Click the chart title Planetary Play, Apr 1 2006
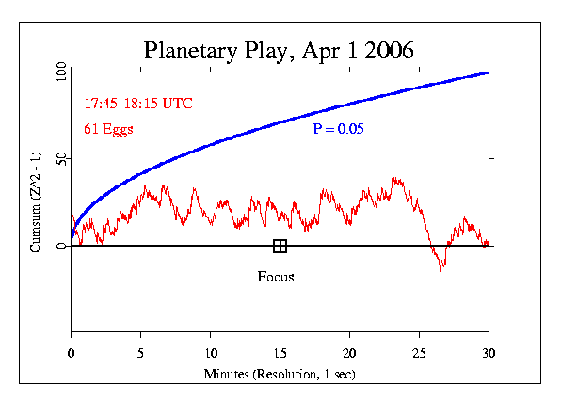280,49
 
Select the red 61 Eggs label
109,130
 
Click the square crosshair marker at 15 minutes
280,246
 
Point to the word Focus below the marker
276,277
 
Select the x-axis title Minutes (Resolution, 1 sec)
280,374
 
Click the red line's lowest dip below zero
441,269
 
